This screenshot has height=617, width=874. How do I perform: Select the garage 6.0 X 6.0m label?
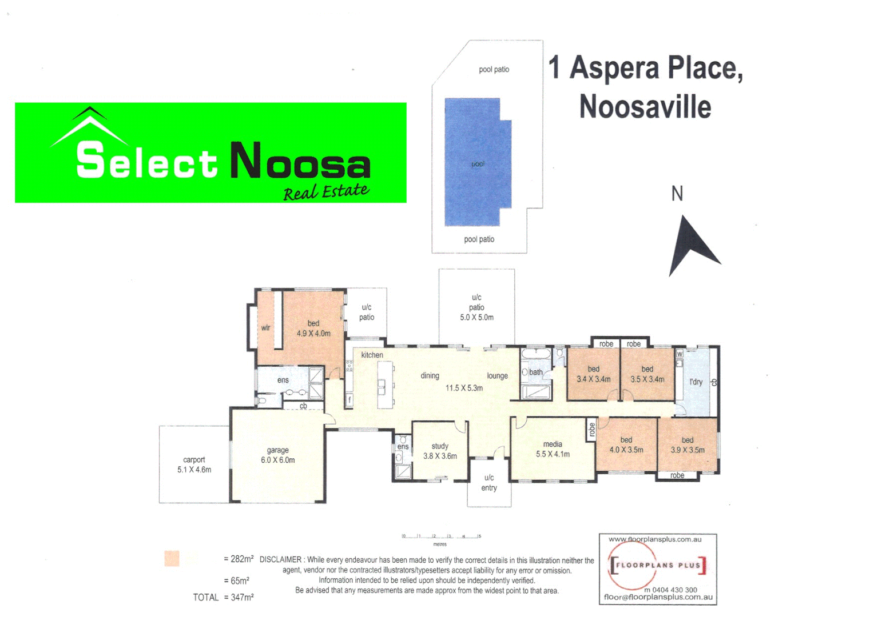coord(278,455)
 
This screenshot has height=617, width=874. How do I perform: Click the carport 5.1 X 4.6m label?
coord(194,464)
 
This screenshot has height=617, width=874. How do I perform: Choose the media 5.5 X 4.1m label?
coord(553,449)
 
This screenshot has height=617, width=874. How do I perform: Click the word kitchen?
coord(372,355)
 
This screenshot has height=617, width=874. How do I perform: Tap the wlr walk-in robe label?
coord(265,328)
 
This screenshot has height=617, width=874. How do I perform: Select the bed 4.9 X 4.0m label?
coord(313,328)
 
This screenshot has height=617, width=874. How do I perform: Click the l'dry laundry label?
coord(696,382)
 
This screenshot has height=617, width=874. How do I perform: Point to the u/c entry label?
coord(489,483)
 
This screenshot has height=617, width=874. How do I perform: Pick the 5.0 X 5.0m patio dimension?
coord(476,318)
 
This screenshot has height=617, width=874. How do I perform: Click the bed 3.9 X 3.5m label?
coord(688,445)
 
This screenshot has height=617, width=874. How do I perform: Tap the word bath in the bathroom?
coord(536,372)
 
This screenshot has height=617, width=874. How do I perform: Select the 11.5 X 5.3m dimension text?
coord(464,388)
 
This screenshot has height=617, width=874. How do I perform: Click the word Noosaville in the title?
coord(645,107)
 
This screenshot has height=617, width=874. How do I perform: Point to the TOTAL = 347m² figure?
coord(223,598)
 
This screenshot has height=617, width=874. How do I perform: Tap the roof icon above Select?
coord(90,125)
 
